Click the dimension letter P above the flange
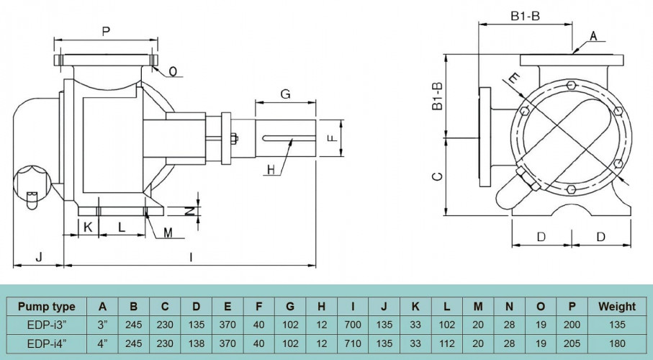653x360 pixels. (x=107, y=32)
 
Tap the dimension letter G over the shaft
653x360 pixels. (x=285, y=94)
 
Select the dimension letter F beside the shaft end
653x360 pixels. (x=332, y=137)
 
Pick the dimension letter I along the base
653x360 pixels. (x=191, y=256)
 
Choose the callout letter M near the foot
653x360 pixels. (x=167, y=232)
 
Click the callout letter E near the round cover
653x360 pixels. (x=513, y=77)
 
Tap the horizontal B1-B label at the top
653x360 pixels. (x=525, y=16)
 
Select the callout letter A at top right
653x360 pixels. (x=593, y=35)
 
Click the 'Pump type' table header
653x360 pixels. (x=46, y=306)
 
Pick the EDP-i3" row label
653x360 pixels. (x=46, y=325)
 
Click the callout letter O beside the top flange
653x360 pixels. (x=173, y=71)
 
